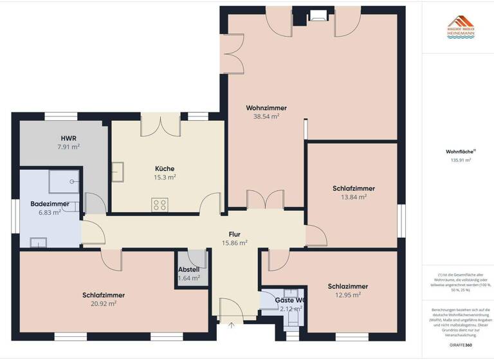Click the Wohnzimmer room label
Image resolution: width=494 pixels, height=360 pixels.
pyautogui.click(x=266, y=108)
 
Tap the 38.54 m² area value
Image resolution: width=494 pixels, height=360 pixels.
pyautogui.click(x=266, y=117)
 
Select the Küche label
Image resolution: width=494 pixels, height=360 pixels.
pyautogui.click(x=165, y=168)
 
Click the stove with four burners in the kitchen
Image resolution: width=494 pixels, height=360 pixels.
pyautogui.click(x=160, y=205)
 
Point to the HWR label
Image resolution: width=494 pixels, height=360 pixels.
pyautogui.click(x=69, y=138)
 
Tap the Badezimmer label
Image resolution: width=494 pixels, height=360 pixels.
pyautogui.click(x=50, y=204)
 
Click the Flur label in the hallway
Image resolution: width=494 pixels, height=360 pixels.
pyautogui.click(x=234, y=234)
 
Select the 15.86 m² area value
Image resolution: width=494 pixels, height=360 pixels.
pyautogui.click(x=234, y=243)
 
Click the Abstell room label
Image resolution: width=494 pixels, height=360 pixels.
pyautogui.click(x=189, y=269)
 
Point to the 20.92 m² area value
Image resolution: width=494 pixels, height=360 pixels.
pyautogui.click(x=104, y=304)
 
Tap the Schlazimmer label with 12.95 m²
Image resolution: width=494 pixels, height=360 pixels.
pyautogui.click(x=348, y=286)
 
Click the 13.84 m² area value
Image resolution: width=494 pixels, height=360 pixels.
pyautogui.click(x=353, y=197)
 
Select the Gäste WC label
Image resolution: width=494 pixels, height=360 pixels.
pyautogui.click(x=289, y=300)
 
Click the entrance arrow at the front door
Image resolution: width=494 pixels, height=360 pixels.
pyautogui.click(x=230, y=325)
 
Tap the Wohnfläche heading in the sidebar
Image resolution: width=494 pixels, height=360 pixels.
pyautogui.click(x=457, y=152)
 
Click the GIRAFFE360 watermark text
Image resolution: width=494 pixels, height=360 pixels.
pyautogui.click(x=460, y=345)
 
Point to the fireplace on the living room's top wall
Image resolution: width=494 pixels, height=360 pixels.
pyautogui.click(x=317, y=15)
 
